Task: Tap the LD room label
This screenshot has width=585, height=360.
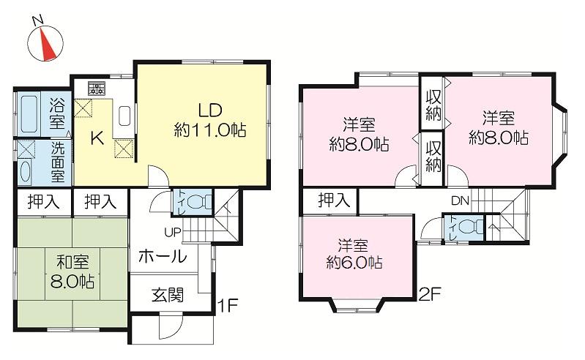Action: point(209,121)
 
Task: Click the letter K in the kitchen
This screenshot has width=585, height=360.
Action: point(95,138)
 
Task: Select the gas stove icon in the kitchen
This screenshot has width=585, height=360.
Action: point(97,89)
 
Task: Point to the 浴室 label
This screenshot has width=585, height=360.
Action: point(57,114)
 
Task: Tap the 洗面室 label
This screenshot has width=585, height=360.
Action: point(57,161)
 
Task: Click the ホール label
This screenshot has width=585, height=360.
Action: point(162,258)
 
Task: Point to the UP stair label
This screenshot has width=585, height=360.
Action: point(173,233)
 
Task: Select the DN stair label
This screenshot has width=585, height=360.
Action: point(460,200)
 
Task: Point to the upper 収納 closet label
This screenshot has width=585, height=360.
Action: point(433,104)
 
